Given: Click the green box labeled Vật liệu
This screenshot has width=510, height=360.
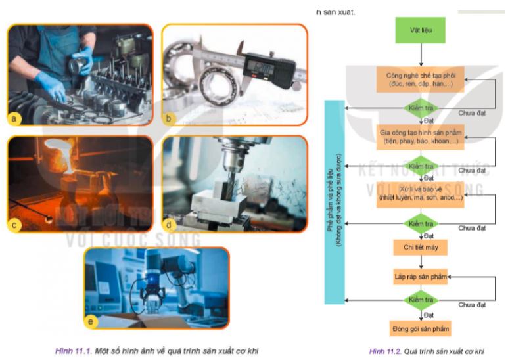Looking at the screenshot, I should tap(420, 31).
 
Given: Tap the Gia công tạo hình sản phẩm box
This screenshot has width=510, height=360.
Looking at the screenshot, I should tap(420, 137).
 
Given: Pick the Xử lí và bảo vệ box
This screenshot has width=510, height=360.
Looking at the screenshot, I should tap(420, 195).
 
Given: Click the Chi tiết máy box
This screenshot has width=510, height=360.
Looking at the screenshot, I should tap(420, 247).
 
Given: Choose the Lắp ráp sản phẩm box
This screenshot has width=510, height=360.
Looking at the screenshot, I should tap(420, 277).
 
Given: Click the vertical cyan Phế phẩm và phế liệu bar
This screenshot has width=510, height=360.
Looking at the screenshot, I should tap(335, 202).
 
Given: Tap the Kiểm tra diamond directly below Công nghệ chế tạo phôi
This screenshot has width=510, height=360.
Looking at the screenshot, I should tap(420, 108).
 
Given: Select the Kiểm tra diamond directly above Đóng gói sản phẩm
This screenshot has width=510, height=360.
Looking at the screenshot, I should tap(420, 301).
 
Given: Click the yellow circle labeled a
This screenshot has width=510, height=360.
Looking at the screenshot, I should tap(15, 118).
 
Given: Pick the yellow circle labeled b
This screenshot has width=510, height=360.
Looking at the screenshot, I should tap(170, 118).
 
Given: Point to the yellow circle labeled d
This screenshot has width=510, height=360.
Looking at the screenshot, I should tap(170, 224).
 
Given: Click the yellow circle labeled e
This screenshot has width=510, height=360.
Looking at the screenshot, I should tap(91, 321).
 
